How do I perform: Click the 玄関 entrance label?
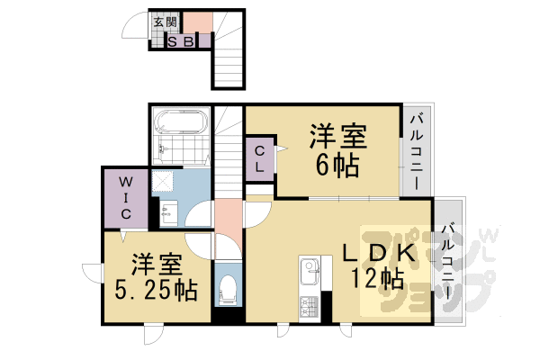point(166,22)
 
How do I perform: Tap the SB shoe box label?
point(181,41)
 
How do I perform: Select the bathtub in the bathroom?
point(182,122)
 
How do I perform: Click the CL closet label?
point(260,159)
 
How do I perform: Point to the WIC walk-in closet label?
point(126,198)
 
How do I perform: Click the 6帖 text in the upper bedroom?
point(337,166)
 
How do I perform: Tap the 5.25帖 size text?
point(156,290)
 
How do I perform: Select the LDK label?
point(378,253)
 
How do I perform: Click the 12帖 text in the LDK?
point(377,278)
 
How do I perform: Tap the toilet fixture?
point(228,290)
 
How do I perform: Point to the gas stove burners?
point(309,307)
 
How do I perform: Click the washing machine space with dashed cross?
point(163,181)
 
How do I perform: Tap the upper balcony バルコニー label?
point(417,152)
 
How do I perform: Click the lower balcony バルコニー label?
point(448,262)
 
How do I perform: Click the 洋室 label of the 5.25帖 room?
point(157,265)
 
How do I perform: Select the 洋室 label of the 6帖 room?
point(337,136)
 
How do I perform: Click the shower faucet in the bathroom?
point(162,149)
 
